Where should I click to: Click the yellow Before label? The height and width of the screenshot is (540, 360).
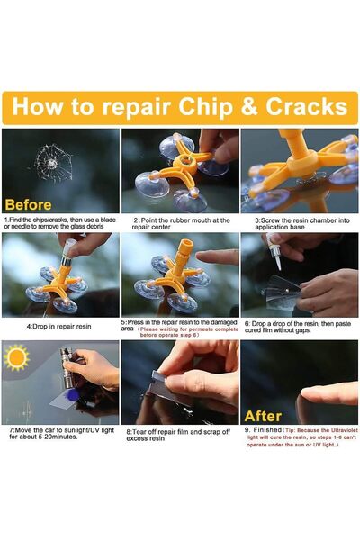click(x=28, y=203)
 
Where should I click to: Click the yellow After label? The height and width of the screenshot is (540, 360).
click(x=263, y=416)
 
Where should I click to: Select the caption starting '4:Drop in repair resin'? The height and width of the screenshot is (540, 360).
click(x=59, y=326)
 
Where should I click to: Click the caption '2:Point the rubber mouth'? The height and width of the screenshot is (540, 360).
click(x=181, y=223)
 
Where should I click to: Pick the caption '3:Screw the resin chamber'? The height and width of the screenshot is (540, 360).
click(x=300, y=223)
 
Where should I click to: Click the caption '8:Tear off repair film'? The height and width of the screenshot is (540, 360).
click(x=180, y=435)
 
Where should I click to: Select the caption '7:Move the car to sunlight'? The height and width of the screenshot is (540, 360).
click(x=59, y=435)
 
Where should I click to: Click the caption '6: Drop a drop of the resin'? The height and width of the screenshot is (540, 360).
click(x=300, y=328)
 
